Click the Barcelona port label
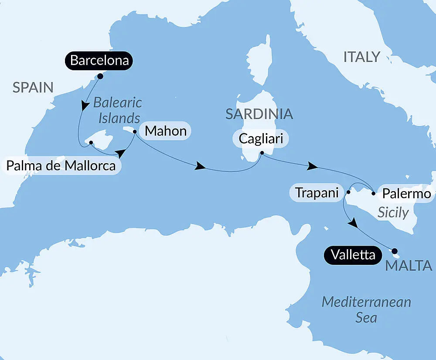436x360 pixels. click(x=99, y=61)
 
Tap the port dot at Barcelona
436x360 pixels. click(x=100, y=76)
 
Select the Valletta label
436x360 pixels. click(x=353, y=255)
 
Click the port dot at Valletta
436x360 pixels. click(x=395, y=251)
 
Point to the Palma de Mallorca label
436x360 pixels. click(x=61, y=166)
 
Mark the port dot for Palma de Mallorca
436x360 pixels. click(x=91, y=142)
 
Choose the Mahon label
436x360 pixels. click(x=165, y=130)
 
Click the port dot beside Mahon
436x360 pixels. click(x=135, y=130)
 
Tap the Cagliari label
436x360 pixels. click(x=261, y=139)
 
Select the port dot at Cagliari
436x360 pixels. click(x=261, y=153)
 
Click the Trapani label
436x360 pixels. click(x=317, y=192)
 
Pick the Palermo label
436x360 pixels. click(x=406, y=193)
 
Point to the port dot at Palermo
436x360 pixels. click(x=374, y=192)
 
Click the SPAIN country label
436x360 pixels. click(x=33, y=87)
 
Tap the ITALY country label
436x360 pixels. click(x=361, y=57)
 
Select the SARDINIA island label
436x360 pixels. click(x=259, y=114)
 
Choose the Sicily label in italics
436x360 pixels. click(x=393, y=213)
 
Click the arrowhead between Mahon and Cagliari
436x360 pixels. click(x=201, y=166)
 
